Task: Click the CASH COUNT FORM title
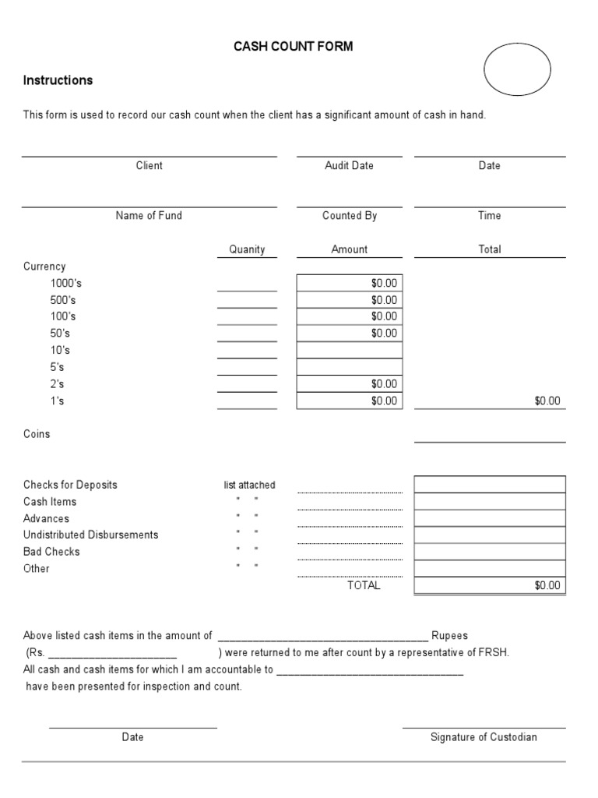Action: (x=294, y=47)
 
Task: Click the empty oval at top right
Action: (x=517, y=69)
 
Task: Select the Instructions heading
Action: (x=58, y=80)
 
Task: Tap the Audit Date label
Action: (x=349, y=166)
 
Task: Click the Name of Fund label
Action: (x=149, y=216)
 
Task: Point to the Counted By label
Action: (x=350, y=216)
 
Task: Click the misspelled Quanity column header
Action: (x=247, y=250)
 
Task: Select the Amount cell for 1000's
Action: (x=350, y=283)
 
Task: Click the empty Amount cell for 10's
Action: (x=350, y=350)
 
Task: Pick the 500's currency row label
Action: (x=63, y=300)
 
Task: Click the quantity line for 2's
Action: (x=247, y=389)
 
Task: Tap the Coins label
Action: (x=37, y=434)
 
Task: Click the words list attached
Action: (x=249, y=485)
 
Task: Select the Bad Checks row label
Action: (x=51, y=552)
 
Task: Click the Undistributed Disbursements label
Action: (x=90, y=535)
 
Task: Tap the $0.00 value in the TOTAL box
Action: (x=547, y=586)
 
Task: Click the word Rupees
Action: (x=450, y=636)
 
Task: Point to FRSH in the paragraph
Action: (x=494, y=653)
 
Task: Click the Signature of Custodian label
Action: (x=484, y=737)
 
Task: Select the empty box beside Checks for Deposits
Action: (x=490, y=485)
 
